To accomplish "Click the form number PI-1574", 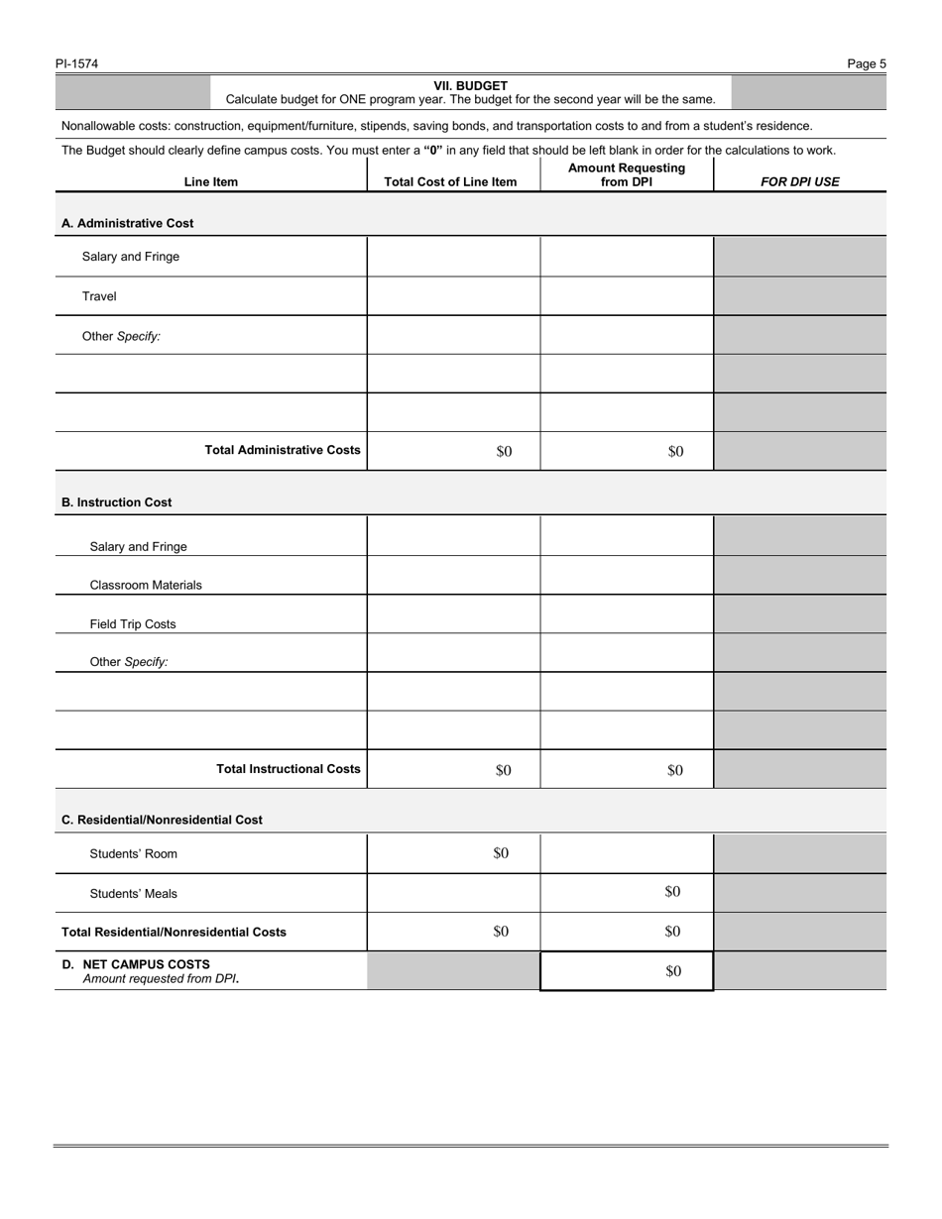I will [x=76, y=64].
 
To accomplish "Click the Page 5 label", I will [x=866, y=64].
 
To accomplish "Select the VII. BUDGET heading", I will [x=470, y=86].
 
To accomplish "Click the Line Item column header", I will [x=210, y=182].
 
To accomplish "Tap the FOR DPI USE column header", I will [x=799, y=182].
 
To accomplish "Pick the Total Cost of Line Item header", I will [x=450, y=182].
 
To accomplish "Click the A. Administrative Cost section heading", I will [x=127, y=224].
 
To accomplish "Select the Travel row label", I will [x=99, y=296].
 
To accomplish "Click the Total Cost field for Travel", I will [x=453, y=296].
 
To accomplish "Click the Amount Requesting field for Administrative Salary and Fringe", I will [x=626, y=257].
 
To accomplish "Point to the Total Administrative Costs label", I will [x=283, y=450].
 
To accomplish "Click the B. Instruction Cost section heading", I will [x=116, y=502].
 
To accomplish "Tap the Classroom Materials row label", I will [x=146, y=586].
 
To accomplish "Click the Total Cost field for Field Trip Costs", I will [x=453, y=614].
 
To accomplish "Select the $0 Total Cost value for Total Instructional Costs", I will [x=503, y=770].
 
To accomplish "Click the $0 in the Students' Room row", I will [x=501, y=853].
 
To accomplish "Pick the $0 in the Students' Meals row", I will [x=672, y=892].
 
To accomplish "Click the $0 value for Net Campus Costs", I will [x=672, y=971].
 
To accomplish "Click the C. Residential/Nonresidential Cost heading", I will [x=162, y=821].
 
